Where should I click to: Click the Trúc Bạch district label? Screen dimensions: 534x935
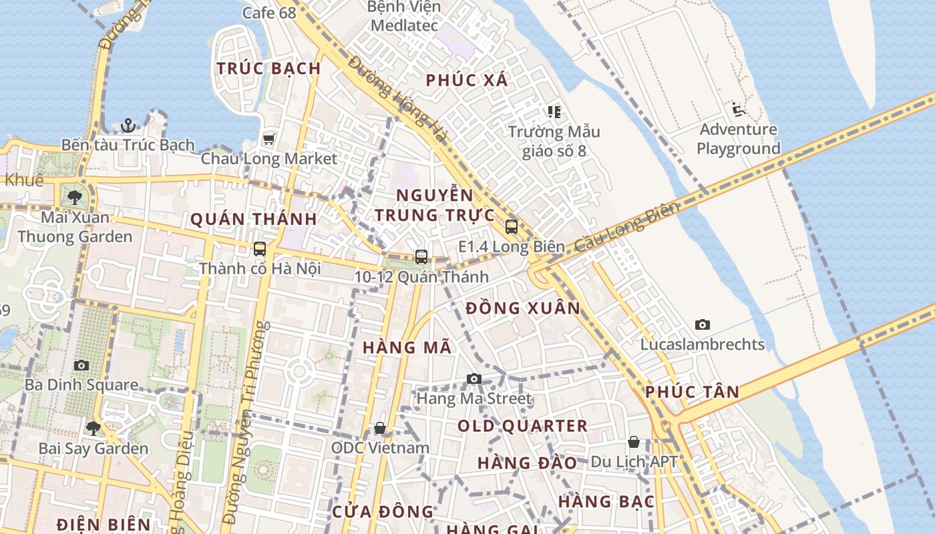[268, 68]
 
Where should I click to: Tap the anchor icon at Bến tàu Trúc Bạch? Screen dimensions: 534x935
[128, 125]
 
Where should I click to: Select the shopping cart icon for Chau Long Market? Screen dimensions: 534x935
[268, 139]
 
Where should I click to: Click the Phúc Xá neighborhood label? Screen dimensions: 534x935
[467, 81]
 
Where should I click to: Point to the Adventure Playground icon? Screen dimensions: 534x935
[738, 109]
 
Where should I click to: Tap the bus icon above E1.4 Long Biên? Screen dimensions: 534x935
[512, 226]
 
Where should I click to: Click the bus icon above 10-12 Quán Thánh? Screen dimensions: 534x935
[421, 256]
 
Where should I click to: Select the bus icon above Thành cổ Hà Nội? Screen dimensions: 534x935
[260, 249]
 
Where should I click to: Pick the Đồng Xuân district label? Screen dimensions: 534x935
[523, 308]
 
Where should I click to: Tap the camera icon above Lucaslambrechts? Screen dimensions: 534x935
[702, 325]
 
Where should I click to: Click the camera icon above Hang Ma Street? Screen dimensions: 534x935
[474, 379]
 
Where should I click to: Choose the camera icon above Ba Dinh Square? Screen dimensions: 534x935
[81, 365]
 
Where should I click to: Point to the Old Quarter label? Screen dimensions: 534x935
[522, 426]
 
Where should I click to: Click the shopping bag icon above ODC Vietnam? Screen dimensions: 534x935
[380, 427]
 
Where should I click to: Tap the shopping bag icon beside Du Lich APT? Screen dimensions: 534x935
[633, 442]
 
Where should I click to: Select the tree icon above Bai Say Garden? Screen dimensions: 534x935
[93, 428]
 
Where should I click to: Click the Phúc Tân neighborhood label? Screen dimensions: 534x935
[692, 392]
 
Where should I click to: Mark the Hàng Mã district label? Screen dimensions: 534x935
[407, 348]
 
